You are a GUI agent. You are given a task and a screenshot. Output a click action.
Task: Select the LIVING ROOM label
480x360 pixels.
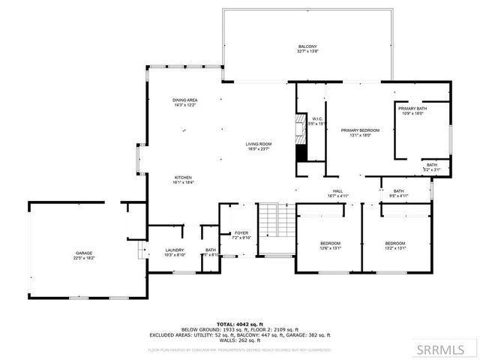258,145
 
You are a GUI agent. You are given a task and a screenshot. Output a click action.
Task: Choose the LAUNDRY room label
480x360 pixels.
175,252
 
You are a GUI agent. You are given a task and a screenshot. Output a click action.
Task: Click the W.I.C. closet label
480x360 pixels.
318,120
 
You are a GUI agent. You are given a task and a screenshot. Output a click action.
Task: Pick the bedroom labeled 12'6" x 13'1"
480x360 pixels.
331,245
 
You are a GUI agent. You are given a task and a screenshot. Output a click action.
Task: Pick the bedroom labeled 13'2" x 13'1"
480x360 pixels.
395,245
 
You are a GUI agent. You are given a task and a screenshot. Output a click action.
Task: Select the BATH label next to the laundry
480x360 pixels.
211,252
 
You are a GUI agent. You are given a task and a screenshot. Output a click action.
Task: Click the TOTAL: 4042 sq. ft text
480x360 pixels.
240,324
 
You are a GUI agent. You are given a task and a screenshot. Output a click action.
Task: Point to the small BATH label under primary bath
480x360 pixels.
432,166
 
